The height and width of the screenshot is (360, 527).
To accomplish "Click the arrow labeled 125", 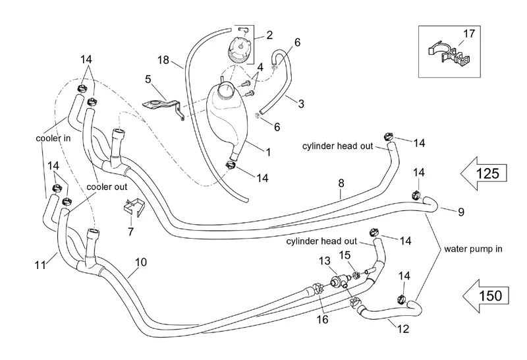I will [x=485, y=174].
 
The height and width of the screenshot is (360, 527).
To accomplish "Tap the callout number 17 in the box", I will [x=468, y=32].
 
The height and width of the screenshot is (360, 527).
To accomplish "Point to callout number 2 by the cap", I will [x=269, y=34].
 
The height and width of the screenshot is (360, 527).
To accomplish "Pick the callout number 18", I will [x=163, y=60].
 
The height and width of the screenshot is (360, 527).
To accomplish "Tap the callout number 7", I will [x=130, y=232].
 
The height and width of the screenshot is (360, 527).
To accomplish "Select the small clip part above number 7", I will [x=134, y=207].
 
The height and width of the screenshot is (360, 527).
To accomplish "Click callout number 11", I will [x=41, y=266].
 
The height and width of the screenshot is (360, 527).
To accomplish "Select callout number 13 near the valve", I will [x=323, y=261].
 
